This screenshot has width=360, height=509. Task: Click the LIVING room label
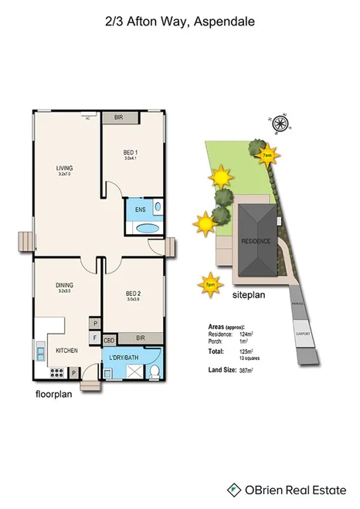click(64, 168)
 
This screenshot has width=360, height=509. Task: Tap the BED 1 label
click(130, 152)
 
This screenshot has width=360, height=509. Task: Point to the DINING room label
click(64, 285)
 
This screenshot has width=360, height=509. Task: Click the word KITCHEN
click(67, 351)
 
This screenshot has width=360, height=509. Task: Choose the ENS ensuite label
click(140, 209)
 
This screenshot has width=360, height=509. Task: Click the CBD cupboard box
click(109, 339)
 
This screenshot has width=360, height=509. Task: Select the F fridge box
click(95, 338)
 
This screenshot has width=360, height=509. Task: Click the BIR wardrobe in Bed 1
click(119, 118)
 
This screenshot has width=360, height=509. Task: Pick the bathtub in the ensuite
click(147, 229)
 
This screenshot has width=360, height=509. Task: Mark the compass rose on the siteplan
click(280, 120)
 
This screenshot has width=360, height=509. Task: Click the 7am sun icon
click(267, 156)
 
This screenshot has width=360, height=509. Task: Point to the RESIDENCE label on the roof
click(256, 241)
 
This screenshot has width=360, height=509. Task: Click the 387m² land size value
click(247, 372)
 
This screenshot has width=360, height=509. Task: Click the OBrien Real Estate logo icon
click(233, 489)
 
